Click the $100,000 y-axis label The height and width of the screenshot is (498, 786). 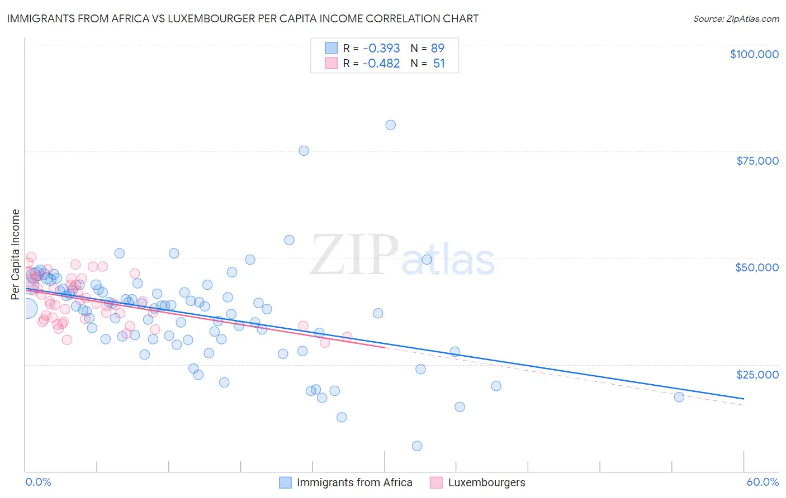click(x=754, y=54)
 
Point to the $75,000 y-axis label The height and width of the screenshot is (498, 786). click(x=757, y=161)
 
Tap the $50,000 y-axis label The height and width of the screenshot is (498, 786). click(x=756, y=267)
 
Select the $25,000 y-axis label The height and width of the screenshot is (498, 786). click(x=757, y=375)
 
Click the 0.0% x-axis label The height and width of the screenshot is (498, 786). click(x=38, y=482)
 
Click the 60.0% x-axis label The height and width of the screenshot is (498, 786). click(x=762, y=482)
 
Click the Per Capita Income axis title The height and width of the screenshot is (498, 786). click(x=16, y=254)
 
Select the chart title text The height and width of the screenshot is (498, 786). click(x=242, y=18)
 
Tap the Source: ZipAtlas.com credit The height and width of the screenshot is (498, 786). click(x=736, y=18)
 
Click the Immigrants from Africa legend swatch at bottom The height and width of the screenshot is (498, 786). click(x=285, y=482)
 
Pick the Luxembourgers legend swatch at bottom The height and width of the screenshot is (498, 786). click(x=436, y=482)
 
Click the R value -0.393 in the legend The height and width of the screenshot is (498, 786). click(x=381, y=48)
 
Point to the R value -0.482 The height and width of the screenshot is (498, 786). click(x=381, y=63)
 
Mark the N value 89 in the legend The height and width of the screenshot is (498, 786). click(x=437, y=48)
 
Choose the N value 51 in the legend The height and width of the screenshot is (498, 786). click(x=439, y=63)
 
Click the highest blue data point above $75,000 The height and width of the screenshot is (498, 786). click(x=390, y=125)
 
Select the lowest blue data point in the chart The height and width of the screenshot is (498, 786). click(x=417, y=446)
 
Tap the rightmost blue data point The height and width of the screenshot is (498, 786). click(x=679, y=397)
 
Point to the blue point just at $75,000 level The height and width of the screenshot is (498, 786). click(x=304, y=151)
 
